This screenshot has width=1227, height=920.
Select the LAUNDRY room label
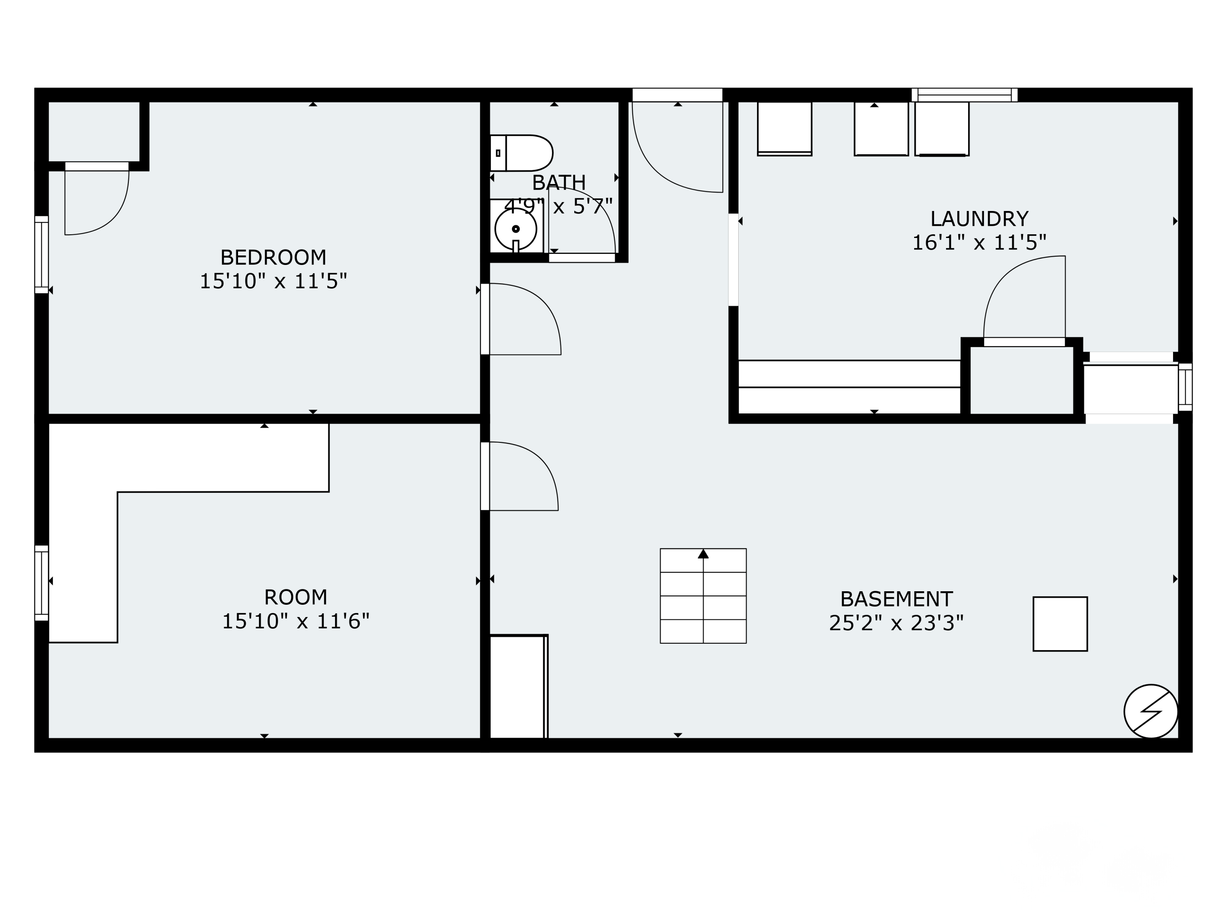click(x=979, y=219)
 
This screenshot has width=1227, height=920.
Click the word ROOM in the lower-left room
click(x=295, y=597)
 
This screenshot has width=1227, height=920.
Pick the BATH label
click(x=559, y=183)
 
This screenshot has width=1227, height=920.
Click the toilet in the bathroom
click(x=521, y=153)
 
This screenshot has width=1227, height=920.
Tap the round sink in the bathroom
click(x=516, y=229)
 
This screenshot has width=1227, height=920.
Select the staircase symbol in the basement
click(x=703, y=596)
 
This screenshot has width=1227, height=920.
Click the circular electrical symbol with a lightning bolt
click(x=1151, y=711)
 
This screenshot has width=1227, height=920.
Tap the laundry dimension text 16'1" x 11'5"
click(x=979, y=243)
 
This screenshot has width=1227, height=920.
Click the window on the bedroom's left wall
click(x=42, y=255)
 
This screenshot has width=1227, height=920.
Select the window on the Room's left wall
click(x=42, y=583)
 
